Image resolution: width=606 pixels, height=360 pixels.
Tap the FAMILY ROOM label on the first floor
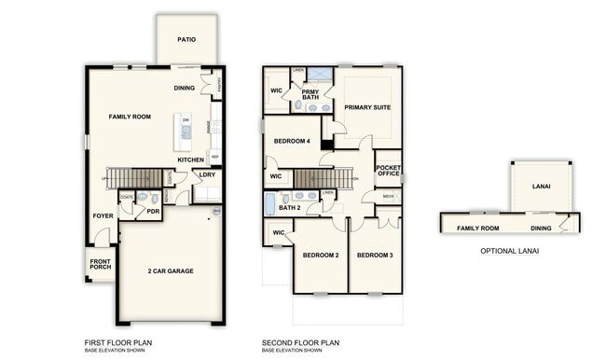[131, 117]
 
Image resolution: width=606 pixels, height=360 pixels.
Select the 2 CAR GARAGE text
[171, 271]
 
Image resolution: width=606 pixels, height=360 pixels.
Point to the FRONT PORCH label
[100, 264]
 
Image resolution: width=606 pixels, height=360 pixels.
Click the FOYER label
[103, 215]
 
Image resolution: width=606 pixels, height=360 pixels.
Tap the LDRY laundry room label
[207, 173]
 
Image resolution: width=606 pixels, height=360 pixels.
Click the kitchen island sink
[186, 132]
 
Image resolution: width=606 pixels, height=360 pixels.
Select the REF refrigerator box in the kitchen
[214, 157]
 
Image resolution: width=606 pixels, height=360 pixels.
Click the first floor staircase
[134, 177]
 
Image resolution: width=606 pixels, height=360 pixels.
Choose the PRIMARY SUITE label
[367, 107]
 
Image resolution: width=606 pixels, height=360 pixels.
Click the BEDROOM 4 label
[292, 142]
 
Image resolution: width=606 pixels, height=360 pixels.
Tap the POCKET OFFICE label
[388, 171]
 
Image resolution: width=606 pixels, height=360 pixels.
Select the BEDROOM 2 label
[320, 255]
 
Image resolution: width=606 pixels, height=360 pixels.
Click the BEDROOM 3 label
[374, 255]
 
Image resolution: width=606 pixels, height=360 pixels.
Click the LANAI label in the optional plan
[541, 187]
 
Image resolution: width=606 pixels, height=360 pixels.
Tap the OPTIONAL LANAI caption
[509, 251]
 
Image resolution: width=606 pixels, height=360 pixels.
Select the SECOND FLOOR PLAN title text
[300, 342]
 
